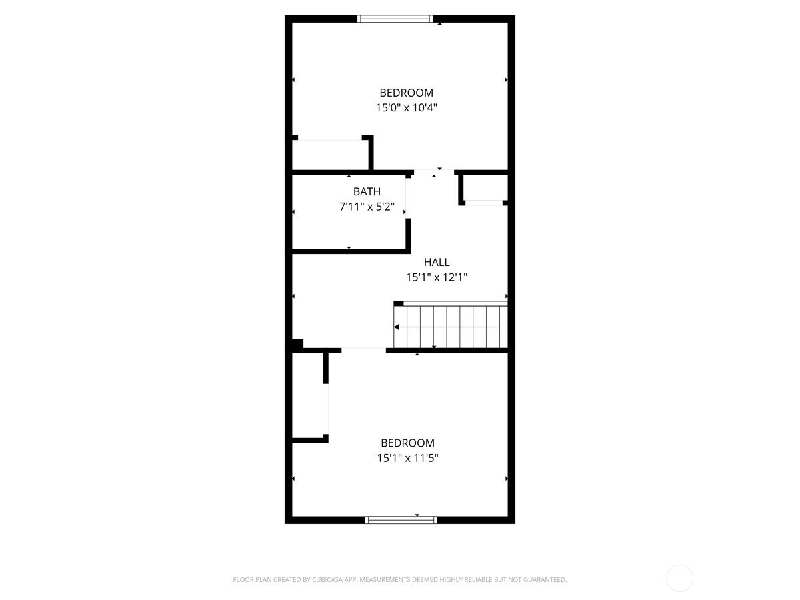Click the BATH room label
(x=367, y=192)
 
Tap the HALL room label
(x=437, y=262)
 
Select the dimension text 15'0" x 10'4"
(x=407, y=107)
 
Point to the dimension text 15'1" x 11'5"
(x=407, y=458)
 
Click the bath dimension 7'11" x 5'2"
(x=367, y=207)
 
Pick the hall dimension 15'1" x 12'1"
(x=437, y=277)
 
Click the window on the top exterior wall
(x=395, y=19)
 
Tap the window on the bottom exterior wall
(x=401, y=520)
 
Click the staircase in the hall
(x=451, y=327)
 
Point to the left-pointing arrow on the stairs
(x=397, y=327)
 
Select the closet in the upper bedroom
(x=331, y=155)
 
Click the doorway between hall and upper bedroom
(x=434, y=172)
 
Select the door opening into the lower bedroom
(x=363, y=349)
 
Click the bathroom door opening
(x=407, y=195)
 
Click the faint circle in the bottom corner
(x=679, y=578)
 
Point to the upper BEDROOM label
(x=407, y=93)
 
